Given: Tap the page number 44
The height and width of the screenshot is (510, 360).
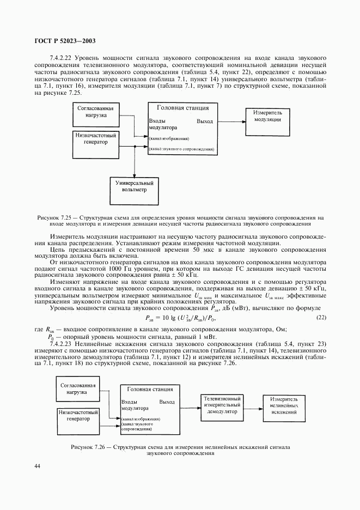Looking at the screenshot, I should (37, 466).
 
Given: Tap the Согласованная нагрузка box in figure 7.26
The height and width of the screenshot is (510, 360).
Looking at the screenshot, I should (78, 390).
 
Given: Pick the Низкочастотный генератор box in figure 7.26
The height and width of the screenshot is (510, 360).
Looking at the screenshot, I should (78, 417).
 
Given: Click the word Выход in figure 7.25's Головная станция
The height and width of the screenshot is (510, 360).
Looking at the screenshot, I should (205, 121).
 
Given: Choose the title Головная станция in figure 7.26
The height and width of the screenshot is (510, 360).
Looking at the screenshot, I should (150, 390).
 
